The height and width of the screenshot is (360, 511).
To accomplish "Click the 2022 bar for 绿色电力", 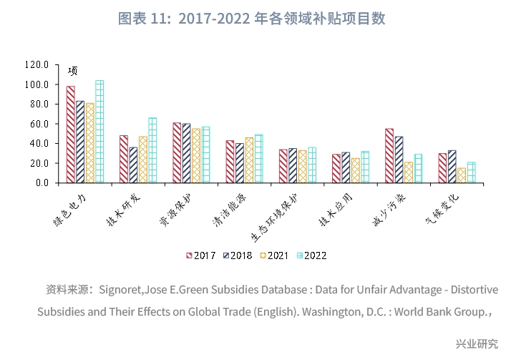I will click(99, 132).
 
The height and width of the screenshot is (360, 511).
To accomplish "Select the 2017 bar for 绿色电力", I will click(71, 135).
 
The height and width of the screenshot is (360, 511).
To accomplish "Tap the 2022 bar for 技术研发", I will click(152, 150).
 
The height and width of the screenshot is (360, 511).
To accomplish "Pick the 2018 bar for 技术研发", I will click(133, 165).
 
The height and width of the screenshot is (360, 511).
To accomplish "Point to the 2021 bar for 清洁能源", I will click(249, 160).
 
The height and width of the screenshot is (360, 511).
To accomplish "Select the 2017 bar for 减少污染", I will click(389, 155).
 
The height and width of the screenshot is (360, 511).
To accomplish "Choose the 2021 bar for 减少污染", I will click(409, 172).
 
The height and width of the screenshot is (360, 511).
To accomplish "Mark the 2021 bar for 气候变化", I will click(462, 175).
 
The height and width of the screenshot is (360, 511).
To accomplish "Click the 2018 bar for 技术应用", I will click(346, 167).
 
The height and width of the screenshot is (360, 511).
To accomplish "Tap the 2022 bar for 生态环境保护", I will click(311, 165).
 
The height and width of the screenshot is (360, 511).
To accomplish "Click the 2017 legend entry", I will click(200, 256).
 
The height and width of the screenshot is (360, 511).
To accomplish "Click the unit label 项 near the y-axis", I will click(72, 71).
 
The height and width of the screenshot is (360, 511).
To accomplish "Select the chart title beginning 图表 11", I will click(255, 19).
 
